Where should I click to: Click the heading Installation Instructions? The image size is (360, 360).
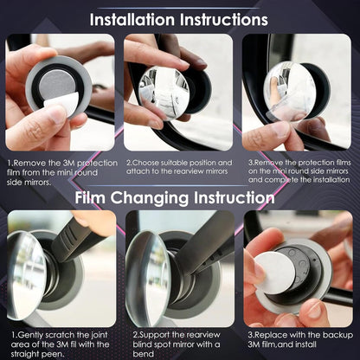tap(179, 18)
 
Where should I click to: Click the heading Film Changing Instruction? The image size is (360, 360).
tap(179, 198)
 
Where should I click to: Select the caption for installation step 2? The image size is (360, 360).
tap(179, 168)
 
